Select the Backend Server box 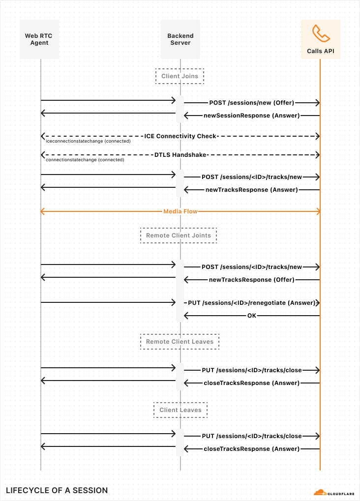tap(180, 39)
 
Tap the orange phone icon tap(320, 33)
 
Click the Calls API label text tap(320, 51)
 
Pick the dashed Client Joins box tap(180, 76)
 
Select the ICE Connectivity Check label tap(180, 136)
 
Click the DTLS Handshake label tap(180, 154)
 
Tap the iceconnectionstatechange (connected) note tap(88, 141)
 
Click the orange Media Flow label tap(180, 211)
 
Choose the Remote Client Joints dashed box tap(179, 236)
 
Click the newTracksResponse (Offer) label tap(251, 279)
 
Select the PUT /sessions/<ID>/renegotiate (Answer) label tap(251, 303)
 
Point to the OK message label tap(251, 316)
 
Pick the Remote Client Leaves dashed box tap(180, 342)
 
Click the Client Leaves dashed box tap(180, 410)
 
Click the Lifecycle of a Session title tap(57, 490)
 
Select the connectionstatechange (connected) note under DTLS tap(85, 160)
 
